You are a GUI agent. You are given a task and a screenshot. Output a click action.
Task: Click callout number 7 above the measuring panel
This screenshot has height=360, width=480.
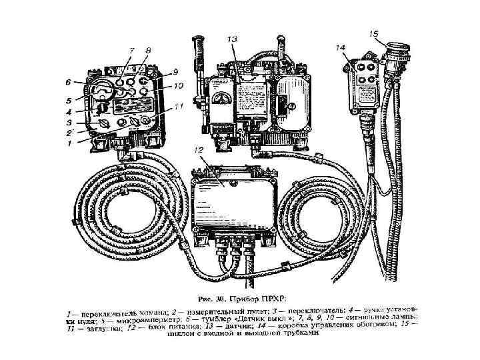(x=131, y=51)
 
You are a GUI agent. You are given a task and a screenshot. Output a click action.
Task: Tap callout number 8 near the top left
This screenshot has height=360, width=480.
(x=147, y=50)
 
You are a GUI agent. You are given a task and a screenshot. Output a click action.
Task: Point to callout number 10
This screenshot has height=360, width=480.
(x=178, y=87)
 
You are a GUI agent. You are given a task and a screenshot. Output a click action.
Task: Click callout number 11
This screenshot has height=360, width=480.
(x=178, y=105)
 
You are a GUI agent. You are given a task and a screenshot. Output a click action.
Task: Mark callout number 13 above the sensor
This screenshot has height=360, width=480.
(x=231, y=40)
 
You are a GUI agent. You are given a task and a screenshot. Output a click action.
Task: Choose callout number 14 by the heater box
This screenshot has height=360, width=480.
(x=341, y=48)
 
